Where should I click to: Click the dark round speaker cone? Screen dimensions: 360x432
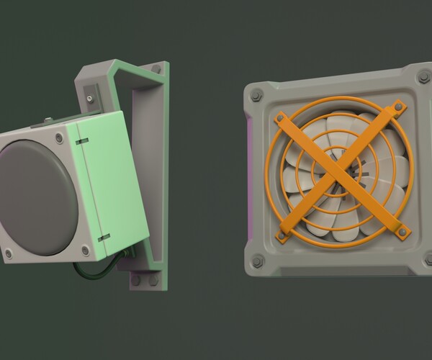click(36, 196)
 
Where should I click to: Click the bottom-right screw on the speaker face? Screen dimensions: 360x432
click(86, 250)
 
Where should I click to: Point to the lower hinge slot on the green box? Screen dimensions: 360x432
click(104, 236)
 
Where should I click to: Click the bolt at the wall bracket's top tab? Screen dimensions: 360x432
click(156, 69)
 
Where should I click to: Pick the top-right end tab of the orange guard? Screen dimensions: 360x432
click(396, 109)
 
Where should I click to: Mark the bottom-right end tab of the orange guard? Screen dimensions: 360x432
click(402, 230)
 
